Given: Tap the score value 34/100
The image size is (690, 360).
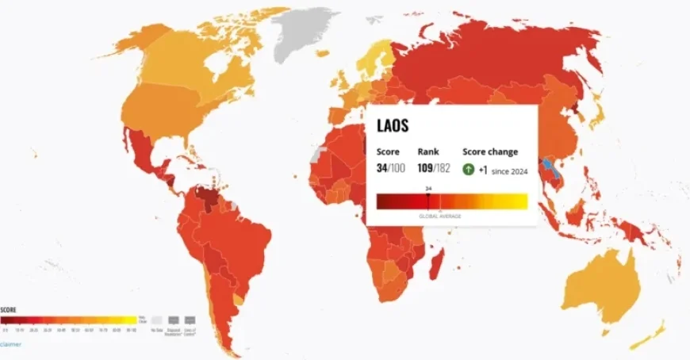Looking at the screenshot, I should [390, 169].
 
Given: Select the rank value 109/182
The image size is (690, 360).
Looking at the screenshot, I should [433, 169].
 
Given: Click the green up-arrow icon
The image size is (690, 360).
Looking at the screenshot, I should [469, 169].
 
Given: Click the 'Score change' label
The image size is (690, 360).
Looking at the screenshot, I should [489, 151].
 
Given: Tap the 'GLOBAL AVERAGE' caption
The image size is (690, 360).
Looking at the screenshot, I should [439, 216].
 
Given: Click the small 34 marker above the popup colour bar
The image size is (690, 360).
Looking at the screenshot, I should [428, 189].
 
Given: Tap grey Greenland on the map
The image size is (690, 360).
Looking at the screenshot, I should [305, 32].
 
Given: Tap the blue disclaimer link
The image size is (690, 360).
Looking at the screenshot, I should [10, 344].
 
